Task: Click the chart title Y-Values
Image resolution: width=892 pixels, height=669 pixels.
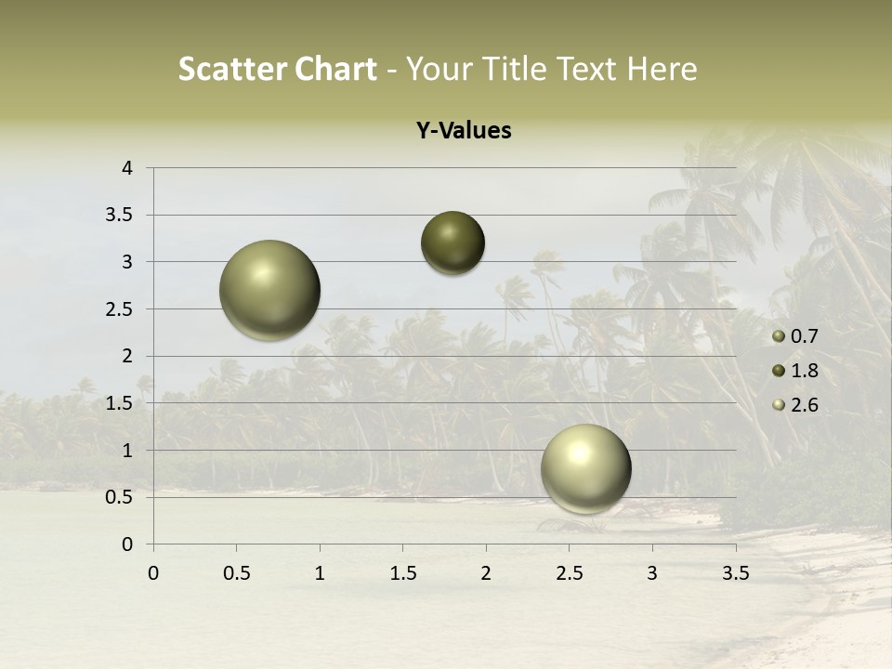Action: [x=463, y=131]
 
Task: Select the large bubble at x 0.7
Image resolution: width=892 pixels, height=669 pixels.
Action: [x=270, y=290]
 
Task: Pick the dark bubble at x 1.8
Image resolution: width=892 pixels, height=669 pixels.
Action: [x=453, y=243]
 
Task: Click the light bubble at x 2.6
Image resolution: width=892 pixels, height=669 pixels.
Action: [x=585, y=468]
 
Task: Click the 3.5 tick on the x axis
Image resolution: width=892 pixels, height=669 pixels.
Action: [x=735, y=573]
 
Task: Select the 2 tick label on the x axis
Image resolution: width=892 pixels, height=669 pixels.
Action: [x=486, y=573]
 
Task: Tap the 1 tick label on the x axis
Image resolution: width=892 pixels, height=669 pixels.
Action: [x=320, y=573]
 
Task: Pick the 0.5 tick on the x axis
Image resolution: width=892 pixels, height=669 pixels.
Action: [x=236, y=573]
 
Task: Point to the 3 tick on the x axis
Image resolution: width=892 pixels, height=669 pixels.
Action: [x=652, y=573]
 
